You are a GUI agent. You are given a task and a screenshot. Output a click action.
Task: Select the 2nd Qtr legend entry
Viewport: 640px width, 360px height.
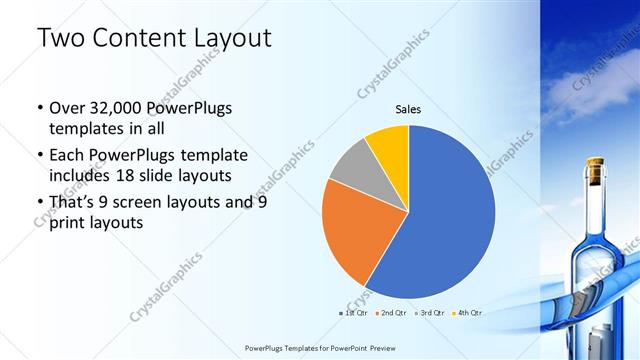[392, 313]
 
